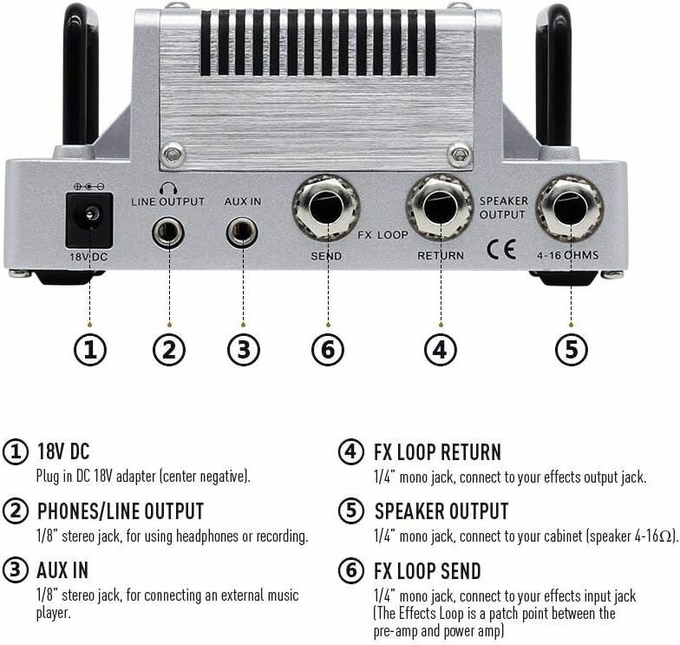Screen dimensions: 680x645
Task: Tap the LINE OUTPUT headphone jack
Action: click(168, 233)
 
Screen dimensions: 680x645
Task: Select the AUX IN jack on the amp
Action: click(242, 233)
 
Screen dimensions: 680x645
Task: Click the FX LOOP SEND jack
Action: click(326, 207)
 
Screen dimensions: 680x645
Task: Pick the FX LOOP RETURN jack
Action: click(439, 207)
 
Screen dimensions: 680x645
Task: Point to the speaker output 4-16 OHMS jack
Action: click(570, 208)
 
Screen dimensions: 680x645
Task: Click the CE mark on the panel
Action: click(501, 249)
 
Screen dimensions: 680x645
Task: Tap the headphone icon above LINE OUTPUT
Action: click(168, 188)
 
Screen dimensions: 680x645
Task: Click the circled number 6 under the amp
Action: click(328, 350)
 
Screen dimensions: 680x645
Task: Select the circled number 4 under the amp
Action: click(441, 350)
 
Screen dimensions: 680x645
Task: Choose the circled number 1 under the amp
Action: click(90, 350)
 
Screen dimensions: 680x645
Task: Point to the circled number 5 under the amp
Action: click(572, 350)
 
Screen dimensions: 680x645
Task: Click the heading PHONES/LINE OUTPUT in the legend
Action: click(120, 511)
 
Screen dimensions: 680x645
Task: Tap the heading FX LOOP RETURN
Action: click(437, 451)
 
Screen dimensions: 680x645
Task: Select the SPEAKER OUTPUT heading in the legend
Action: click(441, 511)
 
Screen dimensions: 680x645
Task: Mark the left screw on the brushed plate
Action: click(173, 155)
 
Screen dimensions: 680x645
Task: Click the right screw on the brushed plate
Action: click(460, 155)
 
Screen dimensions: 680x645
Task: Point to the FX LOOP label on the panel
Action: click(383, 234)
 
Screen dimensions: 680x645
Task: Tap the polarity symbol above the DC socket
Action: click(88, 187)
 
